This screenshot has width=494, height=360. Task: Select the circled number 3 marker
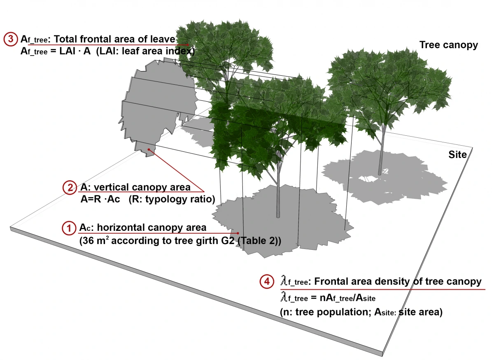click(11, 39)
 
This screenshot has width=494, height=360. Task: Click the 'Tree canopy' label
click(448, 45)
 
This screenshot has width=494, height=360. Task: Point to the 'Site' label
click(457, 154)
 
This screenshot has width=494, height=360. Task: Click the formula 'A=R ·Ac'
click(101, 200)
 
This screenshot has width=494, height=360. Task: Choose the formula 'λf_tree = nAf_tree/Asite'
click(327, 297)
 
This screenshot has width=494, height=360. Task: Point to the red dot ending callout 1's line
click(238, 233)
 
